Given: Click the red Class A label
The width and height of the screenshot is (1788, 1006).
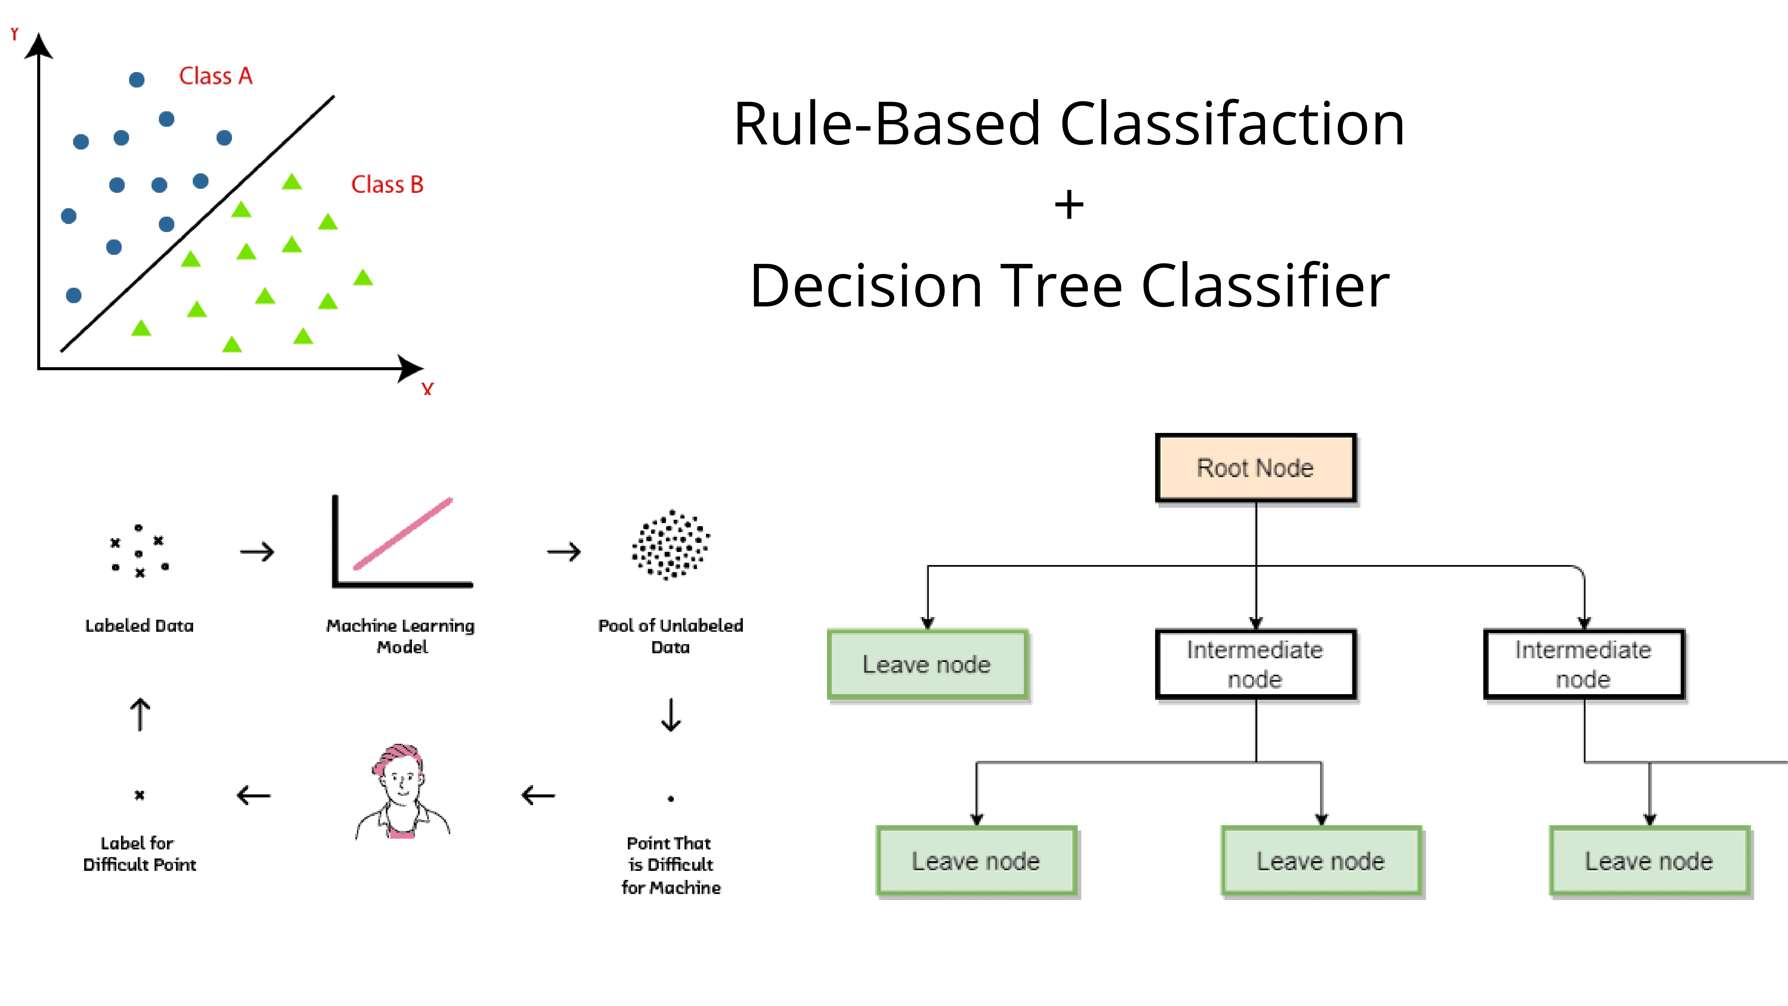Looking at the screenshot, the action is click(x=216, y=76).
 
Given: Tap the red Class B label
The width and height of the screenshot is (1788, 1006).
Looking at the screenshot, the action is click(x=387, y=185).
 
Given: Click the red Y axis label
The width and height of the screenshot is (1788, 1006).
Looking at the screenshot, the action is click(x=14, y=33).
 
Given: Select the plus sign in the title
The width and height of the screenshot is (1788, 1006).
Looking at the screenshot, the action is click(x=1069, y=205).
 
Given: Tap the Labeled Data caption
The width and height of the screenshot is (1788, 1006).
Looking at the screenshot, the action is click(x=139, y=625).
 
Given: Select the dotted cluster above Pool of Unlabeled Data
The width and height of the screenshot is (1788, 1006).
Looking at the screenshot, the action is click(x=670, y=544).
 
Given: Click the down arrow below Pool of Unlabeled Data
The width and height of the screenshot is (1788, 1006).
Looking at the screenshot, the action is click(x=670, y=715).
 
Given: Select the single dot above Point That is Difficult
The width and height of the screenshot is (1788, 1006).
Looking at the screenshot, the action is click(x=670, y=798).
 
